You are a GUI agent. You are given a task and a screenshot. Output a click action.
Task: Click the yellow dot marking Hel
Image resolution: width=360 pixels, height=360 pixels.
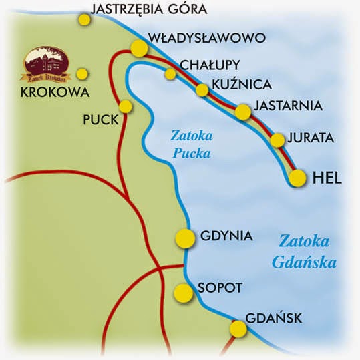point(298,178)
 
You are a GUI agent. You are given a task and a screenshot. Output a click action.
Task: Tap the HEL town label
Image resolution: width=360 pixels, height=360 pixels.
point(327,178)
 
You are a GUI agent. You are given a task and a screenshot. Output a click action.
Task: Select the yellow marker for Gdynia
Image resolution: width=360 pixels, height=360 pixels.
point(184,237)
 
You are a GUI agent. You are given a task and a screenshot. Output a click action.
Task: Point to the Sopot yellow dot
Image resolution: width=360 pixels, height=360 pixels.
point(182,292)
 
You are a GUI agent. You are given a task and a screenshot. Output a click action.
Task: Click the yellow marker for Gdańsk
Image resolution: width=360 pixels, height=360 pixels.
point(238,329)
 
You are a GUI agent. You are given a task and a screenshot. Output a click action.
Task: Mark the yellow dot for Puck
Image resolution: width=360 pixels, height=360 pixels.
point(125,106)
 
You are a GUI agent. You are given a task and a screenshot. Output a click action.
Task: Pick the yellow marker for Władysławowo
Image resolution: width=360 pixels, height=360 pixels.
point(139,48)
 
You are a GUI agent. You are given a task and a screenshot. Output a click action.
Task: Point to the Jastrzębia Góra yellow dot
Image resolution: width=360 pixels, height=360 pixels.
point(84,19)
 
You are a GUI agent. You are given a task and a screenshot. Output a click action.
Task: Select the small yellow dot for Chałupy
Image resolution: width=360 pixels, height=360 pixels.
point(171,74)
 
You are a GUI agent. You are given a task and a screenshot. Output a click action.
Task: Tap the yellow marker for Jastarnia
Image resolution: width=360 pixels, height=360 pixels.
point(243,112)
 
